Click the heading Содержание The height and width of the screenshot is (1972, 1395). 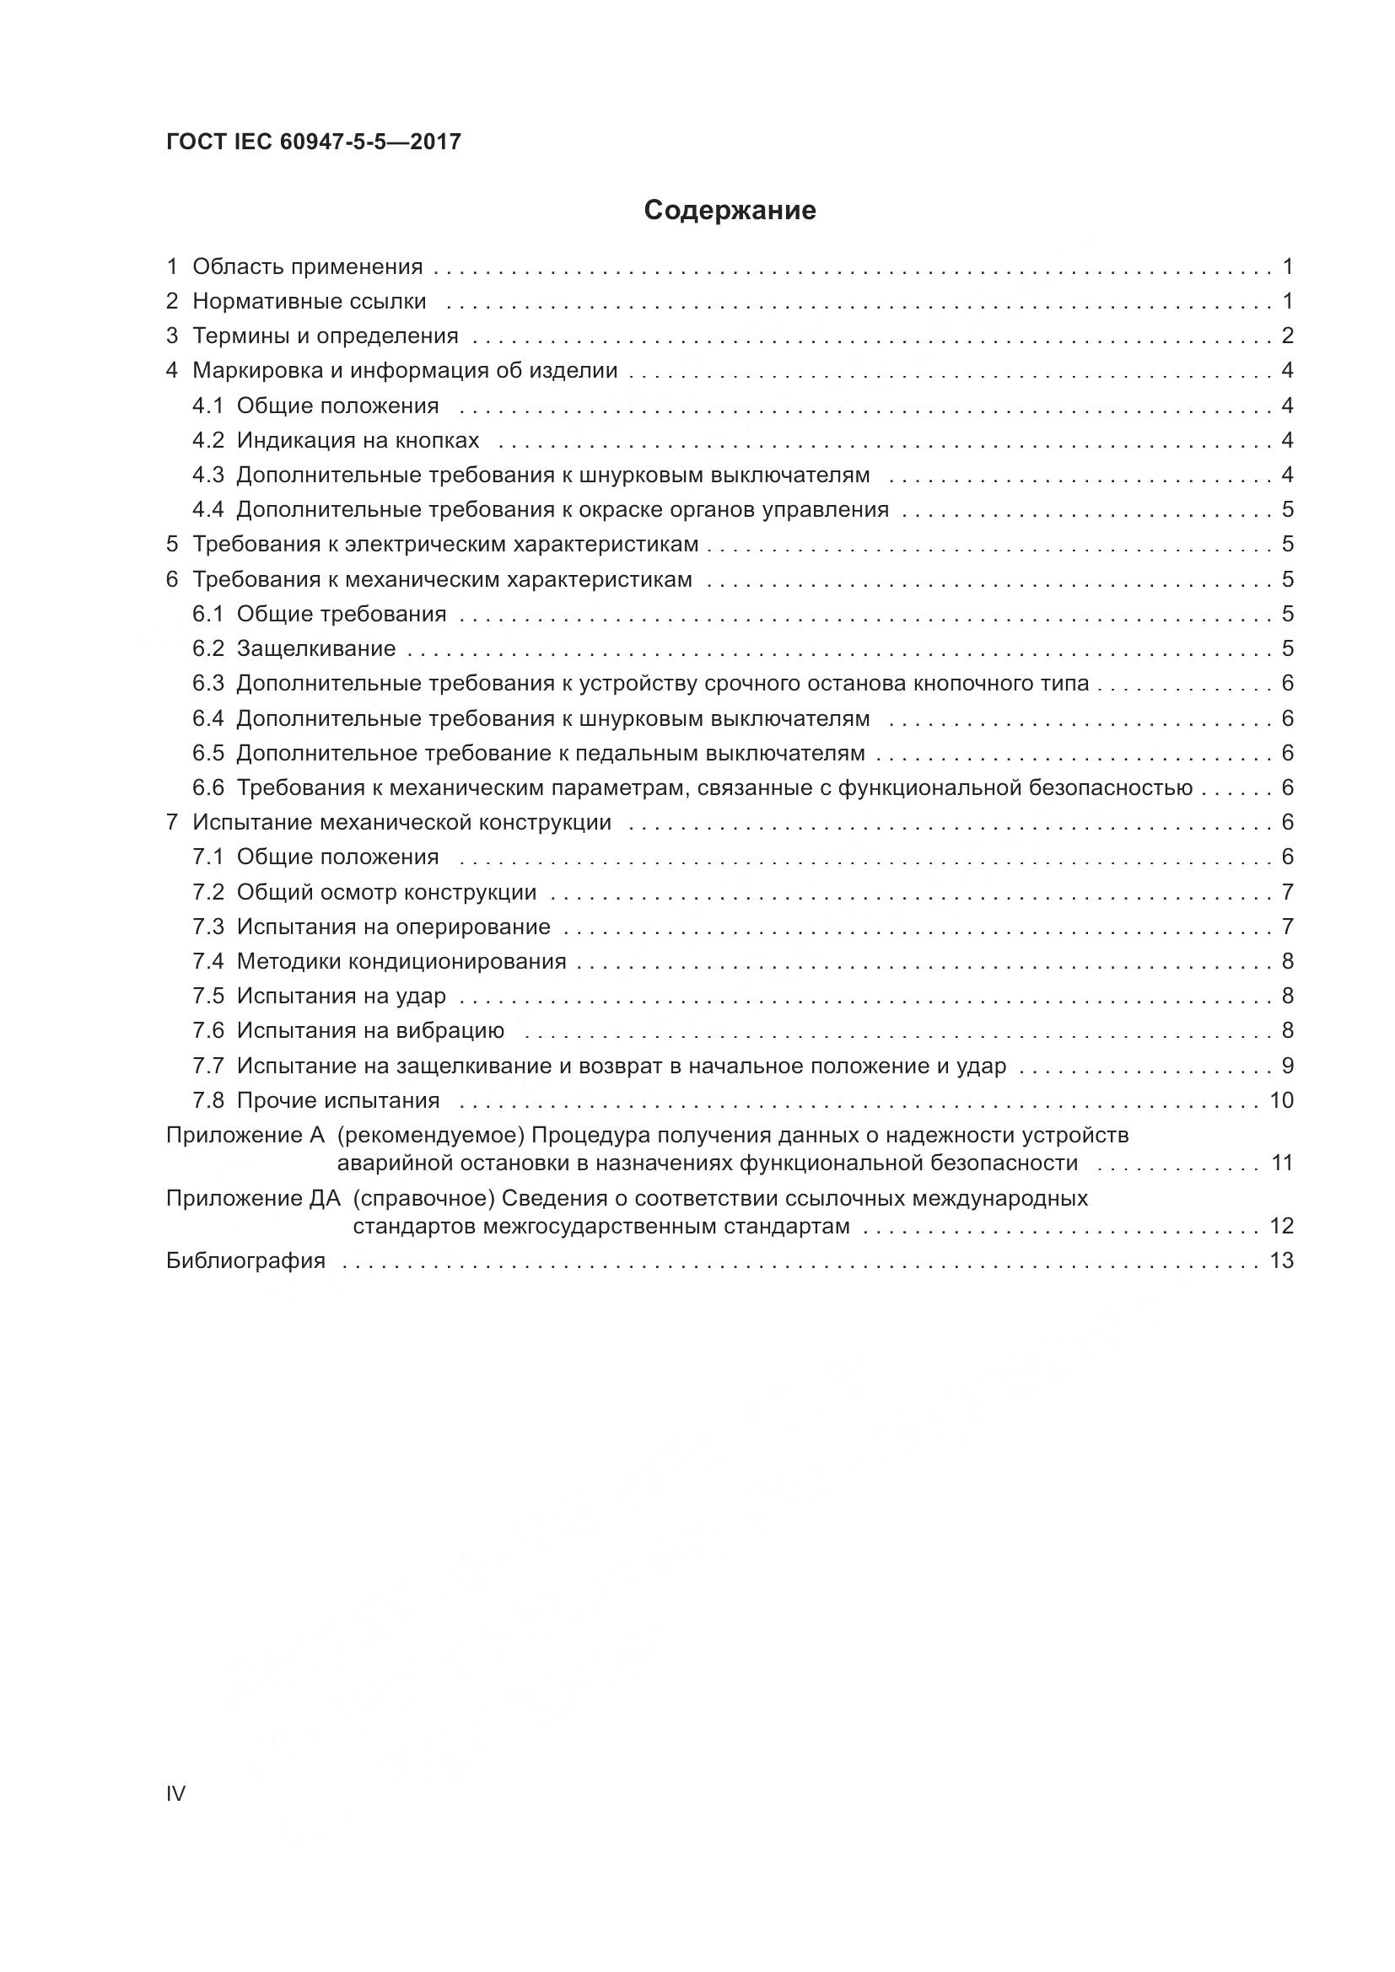pos(730,211)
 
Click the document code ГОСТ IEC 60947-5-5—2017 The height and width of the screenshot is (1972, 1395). pos(314,142)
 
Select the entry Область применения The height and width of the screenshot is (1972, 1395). pos(308,267)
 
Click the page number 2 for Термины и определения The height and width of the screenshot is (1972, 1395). pos(1287,336)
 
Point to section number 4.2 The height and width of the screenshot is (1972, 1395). pos(207,441)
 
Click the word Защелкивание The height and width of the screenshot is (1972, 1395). pos(316,648)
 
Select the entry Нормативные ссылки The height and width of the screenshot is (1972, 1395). pos(310,302)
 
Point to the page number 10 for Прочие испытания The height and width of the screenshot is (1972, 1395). pos(1281,1100)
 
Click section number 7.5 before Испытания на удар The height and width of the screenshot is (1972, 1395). pos(207,997)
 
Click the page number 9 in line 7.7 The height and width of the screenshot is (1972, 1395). pos(1287,1066)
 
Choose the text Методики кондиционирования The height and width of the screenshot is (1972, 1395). pos(401,961)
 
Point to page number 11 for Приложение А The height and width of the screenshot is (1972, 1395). pos(1282,1163)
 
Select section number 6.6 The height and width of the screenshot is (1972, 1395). pos(207,787)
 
